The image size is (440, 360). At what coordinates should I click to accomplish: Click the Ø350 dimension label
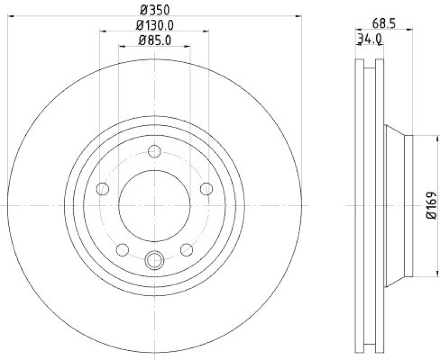(x=155, y=9)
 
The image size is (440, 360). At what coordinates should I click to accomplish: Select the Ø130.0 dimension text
(x=155, y=25)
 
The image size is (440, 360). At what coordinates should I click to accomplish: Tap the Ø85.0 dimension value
(x=155, y=40)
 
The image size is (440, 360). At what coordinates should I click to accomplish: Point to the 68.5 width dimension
(x=384, y=23)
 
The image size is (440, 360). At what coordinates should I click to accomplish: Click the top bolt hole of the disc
(x=155, y=151)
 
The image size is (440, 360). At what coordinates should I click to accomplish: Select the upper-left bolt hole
(x=103, y=189)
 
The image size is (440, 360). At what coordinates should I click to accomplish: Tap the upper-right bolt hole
(x=206, y=189)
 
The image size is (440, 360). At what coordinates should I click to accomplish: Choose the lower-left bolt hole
(x=123, y=250)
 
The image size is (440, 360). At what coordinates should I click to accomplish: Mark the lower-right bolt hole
(x=186, y=250)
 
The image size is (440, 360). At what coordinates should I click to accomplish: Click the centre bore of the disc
(x=155, y=206)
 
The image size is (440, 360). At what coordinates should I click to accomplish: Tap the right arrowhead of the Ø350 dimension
(x=299, y=17)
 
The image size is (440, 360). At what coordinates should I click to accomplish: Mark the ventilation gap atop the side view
(x=370, y=62)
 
